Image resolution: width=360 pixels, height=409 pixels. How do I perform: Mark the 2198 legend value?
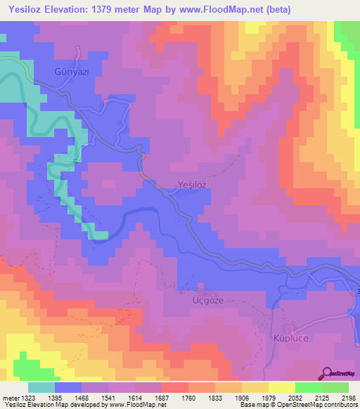pos(347,397)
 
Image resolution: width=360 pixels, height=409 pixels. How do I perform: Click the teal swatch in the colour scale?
pos(41,387)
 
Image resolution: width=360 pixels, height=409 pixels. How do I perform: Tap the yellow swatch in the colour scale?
pos(281,387)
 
